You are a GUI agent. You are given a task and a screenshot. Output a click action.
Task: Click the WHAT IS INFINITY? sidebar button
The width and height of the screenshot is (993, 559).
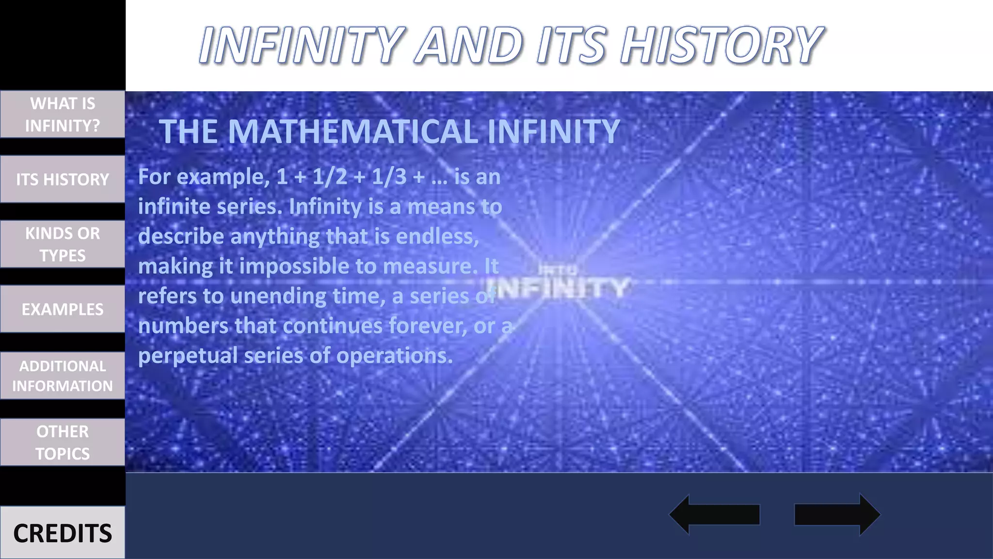(63, 115)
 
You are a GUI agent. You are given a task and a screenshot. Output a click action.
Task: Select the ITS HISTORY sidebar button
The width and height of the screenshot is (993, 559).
(63, 179)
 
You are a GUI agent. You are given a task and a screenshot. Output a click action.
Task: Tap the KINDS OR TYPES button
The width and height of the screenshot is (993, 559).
(63, 244)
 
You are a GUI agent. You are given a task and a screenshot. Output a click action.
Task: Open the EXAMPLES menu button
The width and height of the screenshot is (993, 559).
(63, 309)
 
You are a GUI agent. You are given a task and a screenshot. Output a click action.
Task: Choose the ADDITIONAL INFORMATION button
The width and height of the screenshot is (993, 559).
(63, 376)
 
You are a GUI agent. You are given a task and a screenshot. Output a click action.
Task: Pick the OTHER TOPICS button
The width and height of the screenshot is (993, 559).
(63, 442)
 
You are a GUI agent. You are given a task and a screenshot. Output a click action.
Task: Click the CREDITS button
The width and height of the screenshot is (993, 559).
(63, 533)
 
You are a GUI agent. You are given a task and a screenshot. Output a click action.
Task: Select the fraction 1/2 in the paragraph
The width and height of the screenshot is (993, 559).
(330, 177)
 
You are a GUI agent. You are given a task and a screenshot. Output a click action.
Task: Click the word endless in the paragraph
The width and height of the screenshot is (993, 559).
(437, 236)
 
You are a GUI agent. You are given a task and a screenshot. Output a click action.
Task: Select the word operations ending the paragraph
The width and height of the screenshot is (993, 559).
(394, 356)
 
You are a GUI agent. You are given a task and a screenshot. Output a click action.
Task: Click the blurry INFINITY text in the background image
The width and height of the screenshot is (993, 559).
(562, 287)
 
